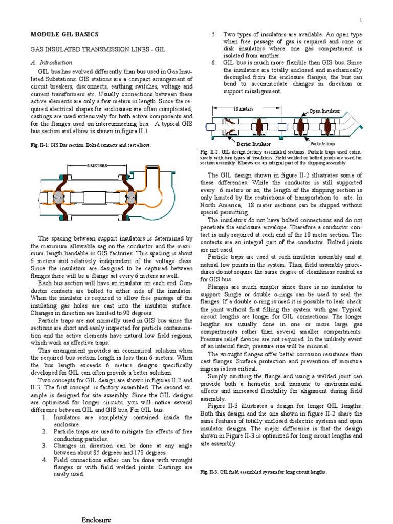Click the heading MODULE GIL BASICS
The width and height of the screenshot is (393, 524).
[65, 34]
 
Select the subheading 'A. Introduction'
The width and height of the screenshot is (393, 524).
[52, 62]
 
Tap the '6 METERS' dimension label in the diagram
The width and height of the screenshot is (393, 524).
[97, 166]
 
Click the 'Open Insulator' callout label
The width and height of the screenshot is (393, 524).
[324, 111]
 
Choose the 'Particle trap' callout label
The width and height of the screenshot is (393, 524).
[323, 144]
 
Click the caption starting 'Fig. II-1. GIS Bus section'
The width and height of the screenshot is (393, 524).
[91, 145]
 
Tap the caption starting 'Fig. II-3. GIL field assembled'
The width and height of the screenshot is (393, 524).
[263, 472]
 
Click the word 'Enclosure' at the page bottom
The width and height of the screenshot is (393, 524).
[96, 520]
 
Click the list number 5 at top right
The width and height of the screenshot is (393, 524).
[214, 34]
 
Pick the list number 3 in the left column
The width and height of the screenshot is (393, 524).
[45, 445]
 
